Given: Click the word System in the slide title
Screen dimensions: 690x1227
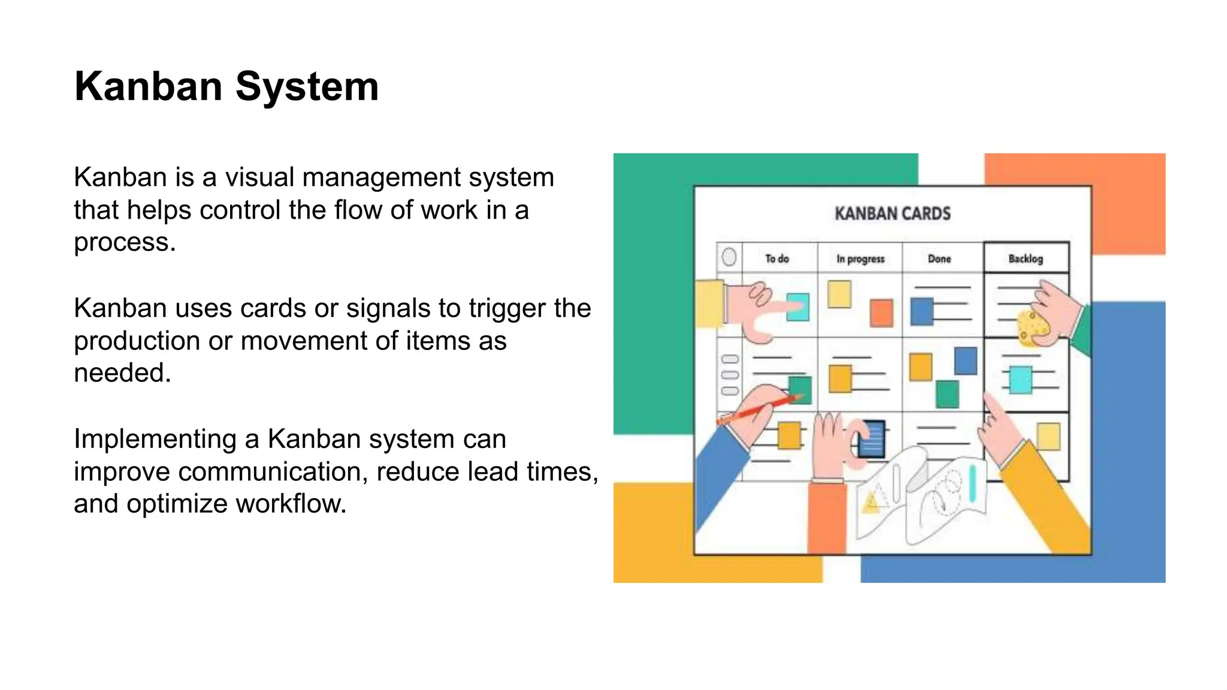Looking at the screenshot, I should [x=307, y=87].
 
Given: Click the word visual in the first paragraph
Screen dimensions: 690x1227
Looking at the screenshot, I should [x=259, y=178].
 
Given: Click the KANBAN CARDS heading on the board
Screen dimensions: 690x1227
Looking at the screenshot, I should [x=892, y=214].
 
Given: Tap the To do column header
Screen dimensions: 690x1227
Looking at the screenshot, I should [x=776, y=259].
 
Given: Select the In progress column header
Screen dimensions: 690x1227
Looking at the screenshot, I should [x=860, y=259].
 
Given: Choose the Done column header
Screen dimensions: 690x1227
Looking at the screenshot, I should [x=939, y=259].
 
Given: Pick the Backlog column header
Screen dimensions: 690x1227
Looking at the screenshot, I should [x=1025, y=259].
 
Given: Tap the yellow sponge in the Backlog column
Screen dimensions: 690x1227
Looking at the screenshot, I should [x=1032, y=327].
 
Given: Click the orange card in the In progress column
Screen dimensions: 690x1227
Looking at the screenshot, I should [x=881, y=313].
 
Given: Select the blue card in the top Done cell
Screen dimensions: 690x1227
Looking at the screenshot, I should [x=921, y=311].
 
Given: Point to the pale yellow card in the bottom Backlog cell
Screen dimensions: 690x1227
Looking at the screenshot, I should [x=1048, y=437].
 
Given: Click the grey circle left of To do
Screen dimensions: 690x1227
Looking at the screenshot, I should [x=729, y=257].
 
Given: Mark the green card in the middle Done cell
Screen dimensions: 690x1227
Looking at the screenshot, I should [x=947, y=394].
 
